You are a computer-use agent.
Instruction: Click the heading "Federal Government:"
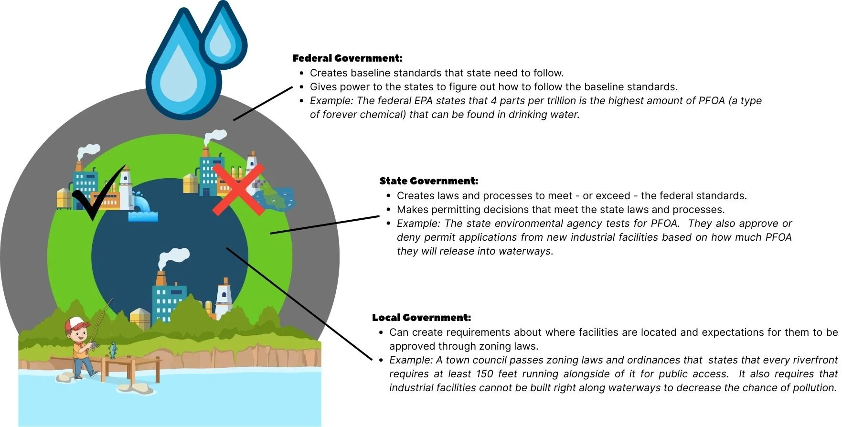click(347, 58)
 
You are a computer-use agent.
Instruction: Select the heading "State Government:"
click(428, 181)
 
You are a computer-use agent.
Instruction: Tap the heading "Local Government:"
click(421, 318)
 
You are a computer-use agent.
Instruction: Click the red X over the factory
click(238, 190)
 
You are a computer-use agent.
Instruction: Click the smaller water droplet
click(222, 37)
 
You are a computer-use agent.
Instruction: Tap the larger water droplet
click(181, 72)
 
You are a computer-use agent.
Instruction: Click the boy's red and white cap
click(77, 323)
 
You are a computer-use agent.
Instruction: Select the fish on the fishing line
click(113, 350)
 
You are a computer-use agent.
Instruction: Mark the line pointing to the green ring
click(325, 224)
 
